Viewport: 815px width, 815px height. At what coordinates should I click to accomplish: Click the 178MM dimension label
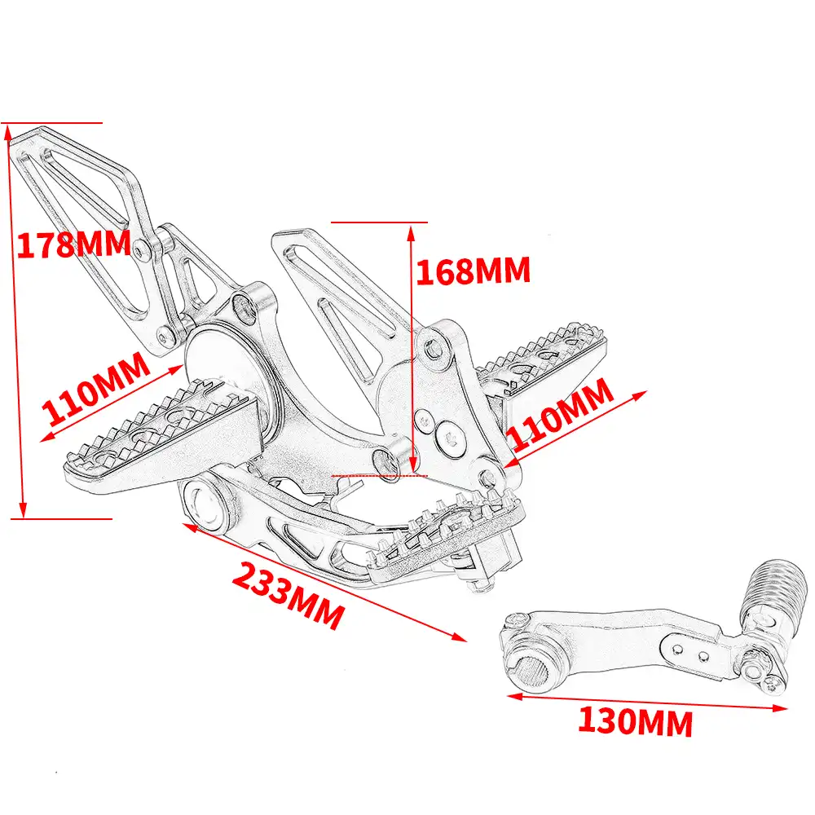73,244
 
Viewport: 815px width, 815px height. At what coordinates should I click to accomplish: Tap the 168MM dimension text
473,271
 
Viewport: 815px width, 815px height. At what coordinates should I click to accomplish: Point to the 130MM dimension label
635,721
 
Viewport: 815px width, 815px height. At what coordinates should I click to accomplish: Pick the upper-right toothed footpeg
542,359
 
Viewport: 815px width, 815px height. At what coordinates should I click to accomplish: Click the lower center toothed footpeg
444,530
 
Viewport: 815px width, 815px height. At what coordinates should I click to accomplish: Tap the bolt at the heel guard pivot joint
144,248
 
